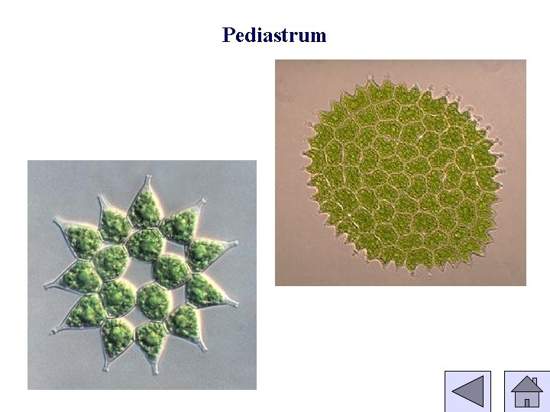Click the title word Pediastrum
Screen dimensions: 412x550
coord(274,35)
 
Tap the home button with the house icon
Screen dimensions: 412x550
coord(526,391)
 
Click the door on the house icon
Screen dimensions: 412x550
coord(526,401)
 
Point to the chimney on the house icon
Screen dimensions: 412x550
coord(535,381)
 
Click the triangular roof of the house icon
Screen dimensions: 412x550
coord(526,385)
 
